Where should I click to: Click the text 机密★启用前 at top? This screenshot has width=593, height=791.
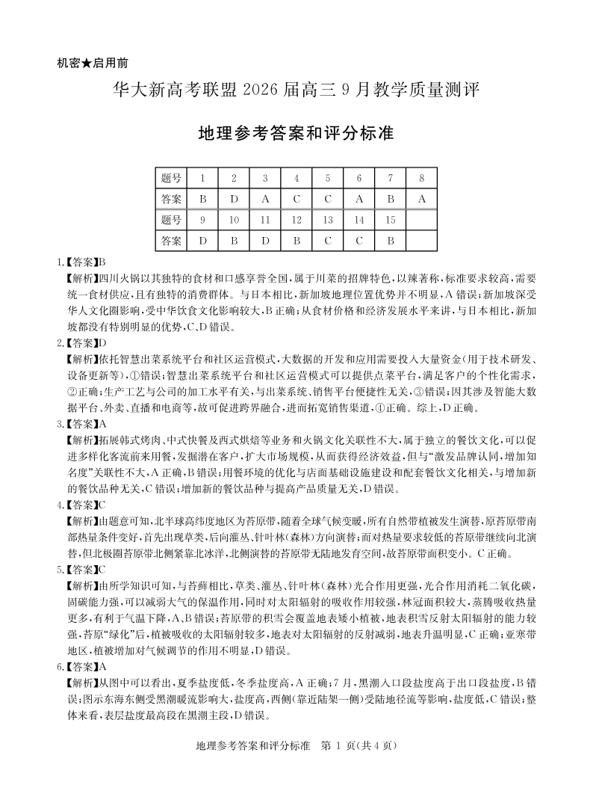tap(96, 64)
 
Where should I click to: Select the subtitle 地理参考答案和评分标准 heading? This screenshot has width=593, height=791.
tap(296, 134)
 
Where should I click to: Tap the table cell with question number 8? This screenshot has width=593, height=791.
tap(421, 178)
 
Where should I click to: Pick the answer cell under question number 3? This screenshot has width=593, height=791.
tap(265, 200)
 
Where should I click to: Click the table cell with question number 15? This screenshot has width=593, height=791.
tap(390, 220)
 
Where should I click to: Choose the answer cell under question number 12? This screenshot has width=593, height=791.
tap(296, 241)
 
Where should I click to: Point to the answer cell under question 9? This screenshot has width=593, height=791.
tap(202, 241)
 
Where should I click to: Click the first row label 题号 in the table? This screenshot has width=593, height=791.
tap(172, 178)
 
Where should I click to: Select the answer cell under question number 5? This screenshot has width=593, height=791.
tap(327, 200)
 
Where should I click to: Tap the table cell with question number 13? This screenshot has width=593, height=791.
tap(327, 220)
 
